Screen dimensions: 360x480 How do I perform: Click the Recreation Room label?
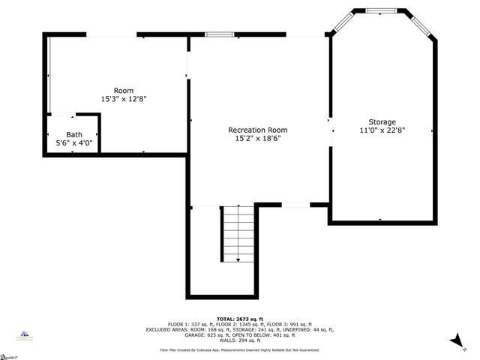pyautogui.click(x=257, y=130)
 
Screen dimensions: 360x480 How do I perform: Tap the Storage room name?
pyautogui.click(x=382, y=121)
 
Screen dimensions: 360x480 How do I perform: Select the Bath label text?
pyautogui.click(x=73, y=134)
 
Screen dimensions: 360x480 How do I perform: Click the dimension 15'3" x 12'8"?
pyautogui.click(x=124, y=99)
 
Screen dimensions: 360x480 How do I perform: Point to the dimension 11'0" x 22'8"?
pyautogui.click(x=382, y=130)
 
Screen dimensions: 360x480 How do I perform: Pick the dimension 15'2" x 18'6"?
pyautogui.click(x=257, y=138)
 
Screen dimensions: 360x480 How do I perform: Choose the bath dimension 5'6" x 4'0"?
pyautogui.click(x=73, y=142)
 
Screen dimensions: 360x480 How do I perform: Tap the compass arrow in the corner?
pyautogui.click(x=454, y=341)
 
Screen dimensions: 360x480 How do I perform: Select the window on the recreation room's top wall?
pyautogui.click(x=220, y=34)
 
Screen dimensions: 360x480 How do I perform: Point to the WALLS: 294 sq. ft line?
pyautogui.click(x=240, y=340)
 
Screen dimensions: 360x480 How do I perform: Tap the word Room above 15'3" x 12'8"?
pyautogui.click(x=124, y=91)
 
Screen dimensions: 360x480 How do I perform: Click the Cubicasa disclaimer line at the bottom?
pyautogui.click(x=240, y=350)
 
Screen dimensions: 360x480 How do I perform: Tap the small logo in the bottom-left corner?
pyautogui.click(x=25, y=337)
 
